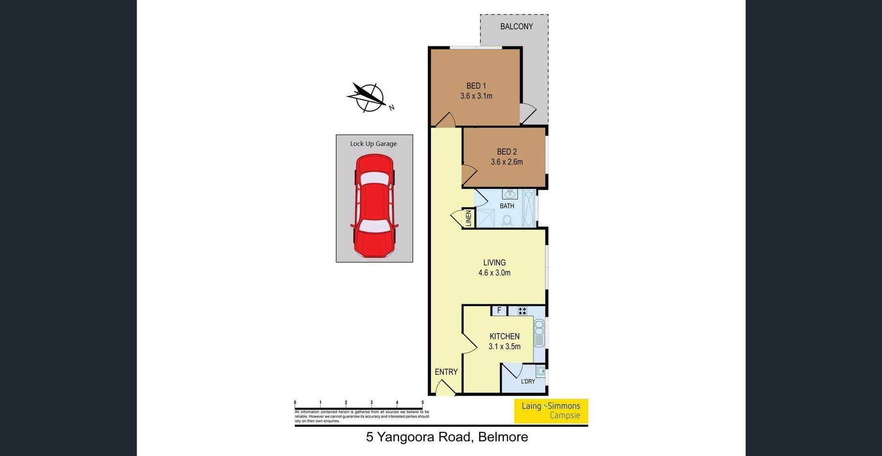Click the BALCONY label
(516, 27)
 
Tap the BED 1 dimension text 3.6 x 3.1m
(476, 96)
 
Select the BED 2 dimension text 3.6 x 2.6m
(507, 162)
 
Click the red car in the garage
(374, 206)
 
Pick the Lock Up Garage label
(373, 143)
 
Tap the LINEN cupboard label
(468, 218)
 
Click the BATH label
(507, 206)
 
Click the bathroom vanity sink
(510, 194)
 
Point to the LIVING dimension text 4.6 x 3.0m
(494, 273)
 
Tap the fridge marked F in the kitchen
(499, 311)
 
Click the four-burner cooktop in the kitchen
(522, 311)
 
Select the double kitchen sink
(539, 333)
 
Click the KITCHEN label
(504, 336)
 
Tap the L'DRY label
(528, 381)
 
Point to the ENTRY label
(446, 372)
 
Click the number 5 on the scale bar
(423, 402)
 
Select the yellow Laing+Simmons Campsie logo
(551, 411)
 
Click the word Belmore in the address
(503, 437)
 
